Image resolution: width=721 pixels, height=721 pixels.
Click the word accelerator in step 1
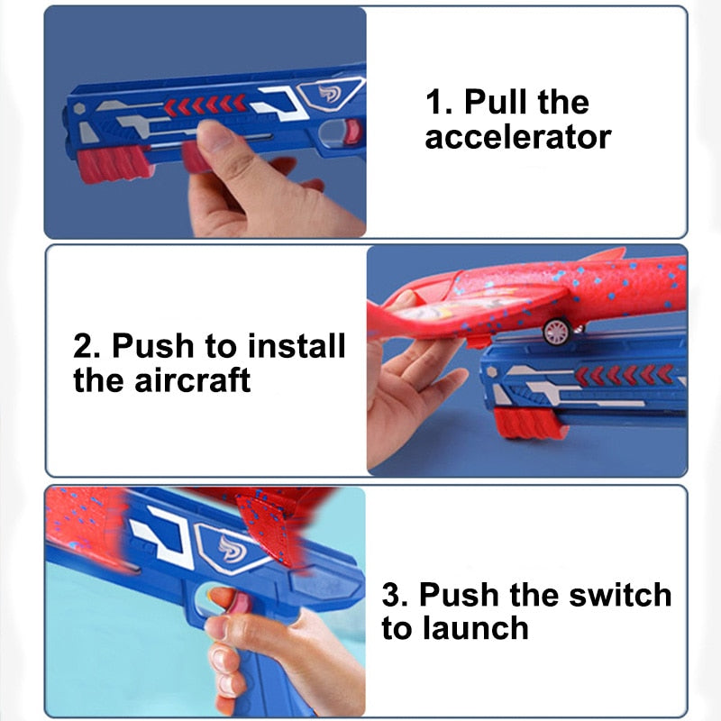pyautogui.click(x=517, y=138)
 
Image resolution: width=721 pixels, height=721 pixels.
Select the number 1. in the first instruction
pyautogui.click(x=439, y=102)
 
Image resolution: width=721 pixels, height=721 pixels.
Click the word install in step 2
pyautogui.click(x=296, y=345)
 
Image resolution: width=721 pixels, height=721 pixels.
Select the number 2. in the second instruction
pyautogui.click(x=87, y=345)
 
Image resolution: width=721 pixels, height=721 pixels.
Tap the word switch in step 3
pyautogui.click(x=613, y=595)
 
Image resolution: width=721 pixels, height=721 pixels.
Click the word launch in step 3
pyautogui.click(x=474, y=628)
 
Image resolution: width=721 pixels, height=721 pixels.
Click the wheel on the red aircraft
pyautogui.click(x=555, y=332)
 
